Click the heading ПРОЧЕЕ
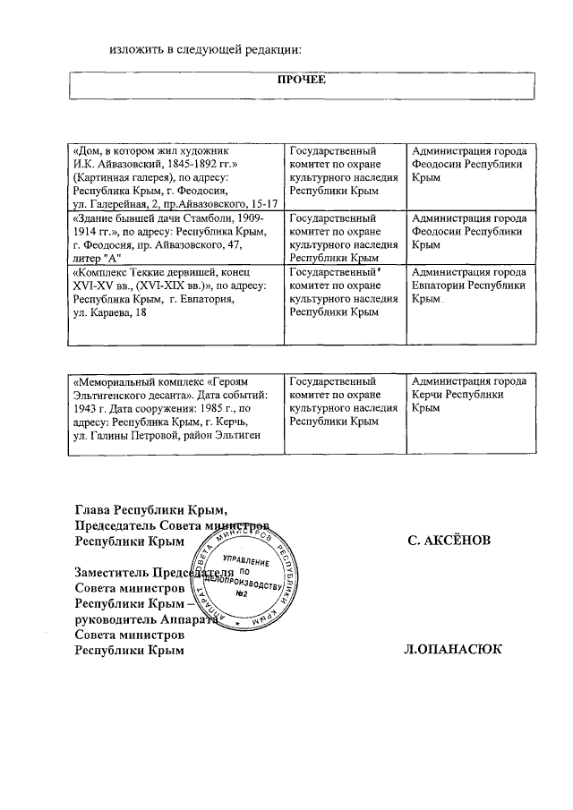tap(303, 80)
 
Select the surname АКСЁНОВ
tap(457, 541)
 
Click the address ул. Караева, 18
tap(113, 313)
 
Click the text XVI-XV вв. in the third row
tap(99, 286)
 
